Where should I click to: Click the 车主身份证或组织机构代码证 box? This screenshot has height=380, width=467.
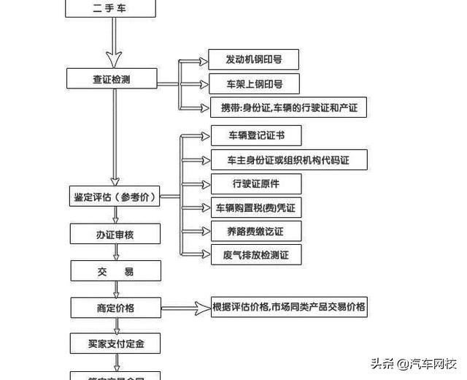point(284,159)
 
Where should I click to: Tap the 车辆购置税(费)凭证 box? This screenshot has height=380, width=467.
point(255,208)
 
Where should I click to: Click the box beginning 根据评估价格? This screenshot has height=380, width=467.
point(288,307)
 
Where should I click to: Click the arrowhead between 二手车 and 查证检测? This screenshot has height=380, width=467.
point(112,56)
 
